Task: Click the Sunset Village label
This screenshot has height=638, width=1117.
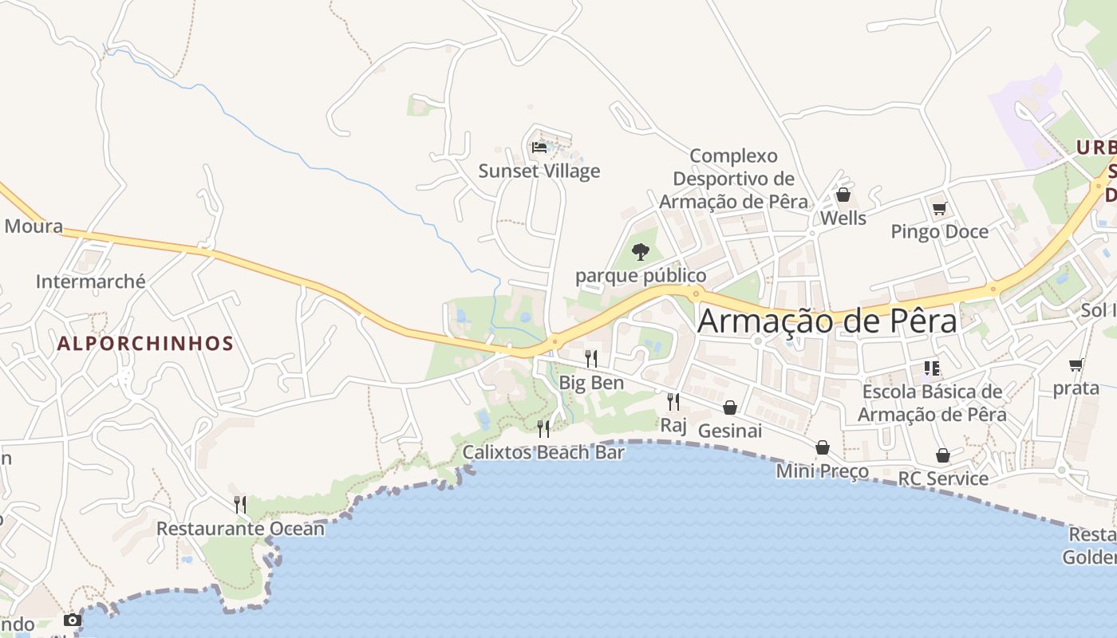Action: pos(539,171)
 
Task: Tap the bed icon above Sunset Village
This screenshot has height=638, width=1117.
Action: pos(539,147)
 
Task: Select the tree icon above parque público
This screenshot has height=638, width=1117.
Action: pos(640,252)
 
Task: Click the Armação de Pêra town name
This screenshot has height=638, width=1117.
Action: pos(827,321)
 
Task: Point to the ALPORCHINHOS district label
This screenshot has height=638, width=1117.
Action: pos(146,344)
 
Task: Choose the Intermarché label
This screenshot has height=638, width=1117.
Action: pos(91,282)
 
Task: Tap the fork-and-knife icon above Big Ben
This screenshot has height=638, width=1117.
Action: pos(591,358)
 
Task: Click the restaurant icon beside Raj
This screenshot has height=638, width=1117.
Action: pos(673,401)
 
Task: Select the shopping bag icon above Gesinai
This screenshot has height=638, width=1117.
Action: pos(730,408)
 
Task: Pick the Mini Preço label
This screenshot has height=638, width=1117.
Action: pos(823,471)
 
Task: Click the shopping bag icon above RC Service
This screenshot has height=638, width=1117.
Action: pos(943,455)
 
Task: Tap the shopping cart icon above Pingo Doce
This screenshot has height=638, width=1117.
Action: pos(939,208)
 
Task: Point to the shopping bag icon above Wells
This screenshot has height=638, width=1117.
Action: pos(843,195)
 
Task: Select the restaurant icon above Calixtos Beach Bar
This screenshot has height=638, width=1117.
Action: pos(543,429)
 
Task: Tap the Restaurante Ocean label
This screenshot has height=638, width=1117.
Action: pos(240,529)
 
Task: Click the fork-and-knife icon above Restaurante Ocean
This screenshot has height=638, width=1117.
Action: pos(239,504)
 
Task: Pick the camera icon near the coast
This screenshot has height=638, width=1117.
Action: pos(73,620)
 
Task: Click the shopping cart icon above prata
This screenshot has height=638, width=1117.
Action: pos(1076,365)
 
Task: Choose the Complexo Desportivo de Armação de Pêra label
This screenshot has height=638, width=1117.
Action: pos(733,179)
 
